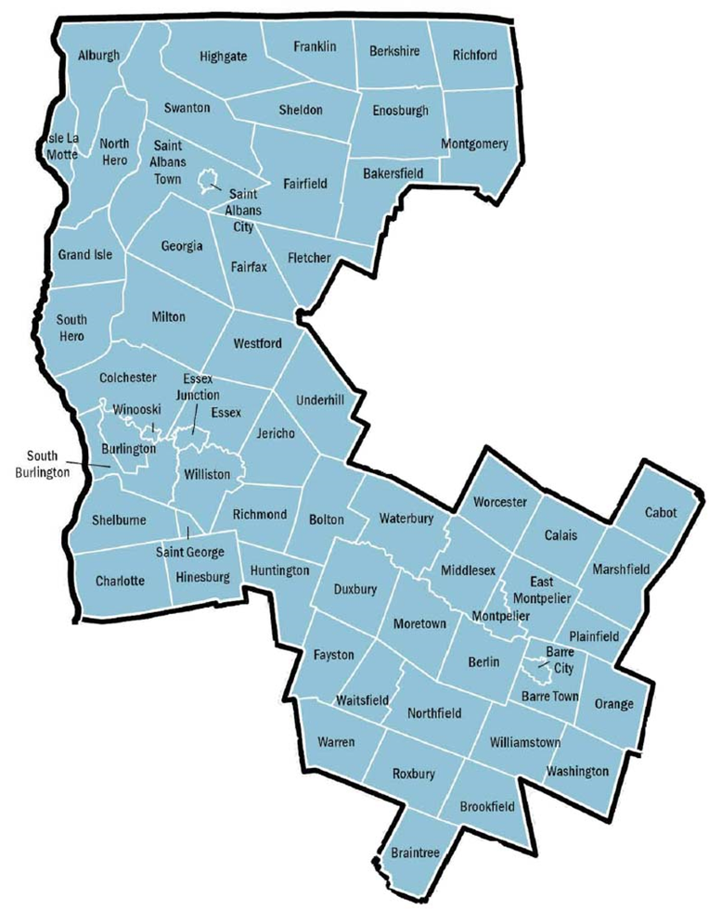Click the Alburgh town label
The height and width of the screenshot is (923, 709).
click(99, 56)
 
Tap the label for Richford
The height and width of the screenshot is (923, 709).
click(475, 55)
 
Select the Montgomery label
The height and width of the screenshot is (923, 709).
click(476, 144)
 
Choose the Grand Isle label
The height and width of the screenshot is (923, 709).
click(86, 254)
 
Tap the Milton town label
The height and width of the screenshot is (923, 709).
click(169, 317)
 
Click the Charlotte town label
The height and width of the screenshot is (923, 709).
click(120, 582)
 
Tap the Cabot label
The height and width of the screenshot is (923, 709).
click(661, 512)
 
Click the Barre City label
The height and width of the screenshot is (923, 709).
click(560, 660)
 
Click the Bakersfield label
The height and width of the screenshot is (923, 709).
click(393, 173)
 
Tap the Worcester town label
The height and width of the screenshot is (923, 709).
click(499, 502)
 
